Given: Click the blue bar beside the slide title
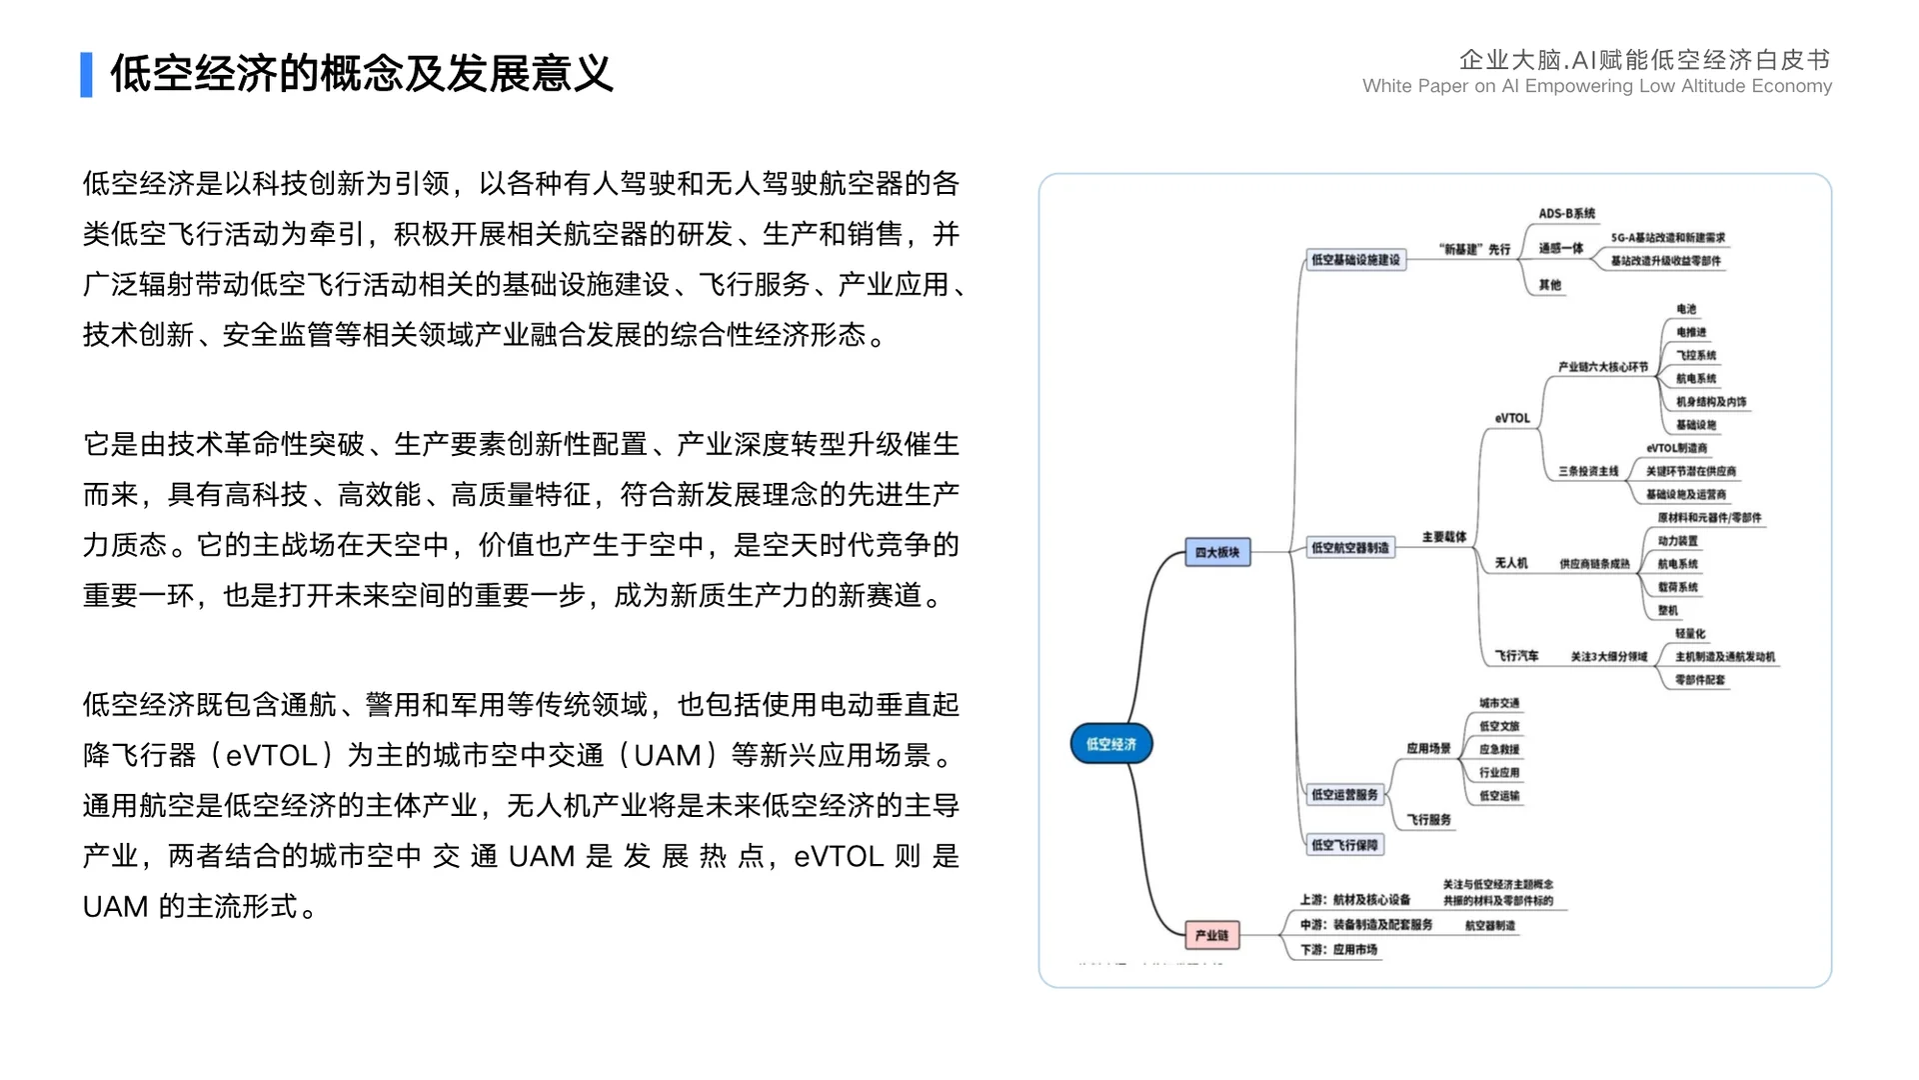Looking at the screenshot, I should pyautogui.click(x=87, y=75).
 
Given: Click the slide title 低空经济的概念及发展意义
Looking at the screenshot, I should pyautogui.click(x=361, y=74).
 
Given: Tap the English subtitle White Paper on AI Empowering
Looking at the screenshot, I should pyautogui.click(x=1596, y=86).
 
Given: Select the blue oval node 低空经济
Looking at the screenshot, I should pyautogui.click(x=1111, y=744).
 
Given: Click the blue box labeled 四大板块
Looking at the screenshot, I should pyautogui.click(x=1217, y=552).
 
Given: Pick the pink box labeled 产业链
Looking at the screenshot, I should pyautogui.click(x=1211, y=935).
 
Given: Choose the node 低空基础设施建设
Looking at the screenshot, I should pyautogui.click(x=1356, y=260).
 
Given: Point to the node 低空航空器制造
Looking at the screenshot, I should pyautogui.click(x=1350, y=548).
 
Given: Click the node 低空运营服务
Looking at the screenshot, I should pyautogui.click(x=1345, y=795).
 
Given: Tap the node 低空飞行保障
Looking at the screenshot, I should pyautogui.click(x=1345, y=845).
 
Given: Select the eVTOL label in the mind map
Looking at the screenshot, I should pyautogui.click(x=1512, y=418).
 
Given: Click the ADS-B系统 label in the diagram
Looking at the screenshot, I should pyautogui.click(x=1567, y=214).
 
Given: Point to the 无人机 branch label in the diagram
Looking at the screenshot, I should pyautogui.click(x=1511, y=563).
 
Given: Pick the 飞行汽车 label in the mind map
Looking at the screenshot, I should pyautogui.click(x=1516, y=656).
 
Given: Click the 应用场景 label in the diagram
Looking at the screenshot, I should pyautogui.click(x=1428, y=748).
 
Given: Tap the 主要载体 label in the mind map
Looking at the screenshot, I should pyautogui.click(x=1444, y=538).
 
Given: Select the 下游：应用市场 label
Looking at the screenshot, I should pyautogui.click(x=1339, y=950).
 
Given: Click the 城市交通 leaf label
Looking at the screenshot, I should pyautogui.click(x=1499, y=703).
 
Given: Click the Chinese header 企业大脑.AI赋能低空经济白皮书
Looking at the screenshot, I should pyautogui.click(x=1644, y=60).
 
